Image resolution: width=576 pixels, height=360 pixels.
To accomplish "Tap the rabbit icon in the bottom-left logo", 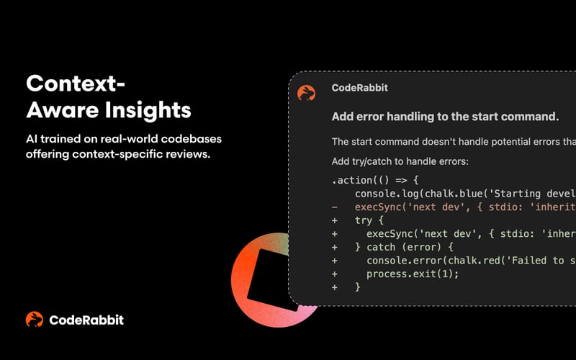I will pyautogui.click(x=34, y=320).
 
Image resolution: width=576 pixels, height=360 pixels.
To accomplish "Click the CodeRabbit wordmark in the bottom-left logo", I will pyautogui.click(x=86, y=320).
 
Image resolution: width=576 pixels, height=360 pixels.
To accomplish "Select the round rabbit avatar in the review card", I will pyautogui.click(x=306, y=92).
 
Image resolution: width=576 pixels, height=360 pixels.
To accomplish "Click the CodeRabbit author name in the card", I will pyautogui.click(x=359, y=88).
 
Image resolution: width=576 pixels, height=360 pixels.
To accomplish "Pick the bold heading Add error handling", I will pyautogui.click(x=444, y=116).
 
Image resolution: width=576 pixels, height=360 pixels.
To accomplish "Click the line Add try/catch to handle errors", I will pyautogui.click(x=400, y=161).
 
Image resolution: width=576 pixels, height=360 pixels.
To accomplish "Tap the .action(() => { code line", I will pyautogui.click(x=374, y=180).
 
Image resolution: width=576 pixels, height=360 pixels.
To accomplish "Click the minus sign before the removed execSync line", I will pyautogui.click(x=335, y=208).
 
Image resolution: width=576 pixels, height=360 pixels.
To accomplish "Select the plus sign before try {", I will pyautogui.click(x=335, y=222).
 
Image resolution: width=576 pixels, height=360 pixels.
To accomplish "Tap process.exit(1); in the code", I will pyautogui.click(x=413, y=274).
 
